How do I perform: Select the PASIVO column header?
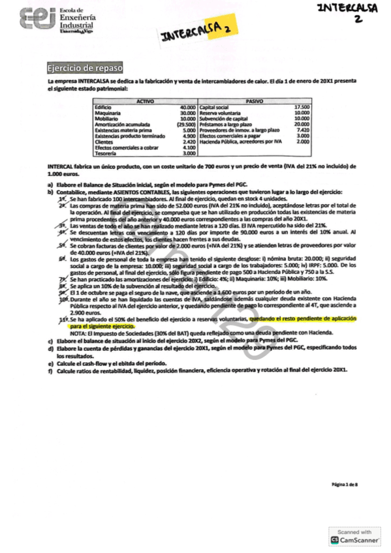coord(254,101)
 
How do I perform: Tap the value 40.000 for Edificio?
coord(187,107)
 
